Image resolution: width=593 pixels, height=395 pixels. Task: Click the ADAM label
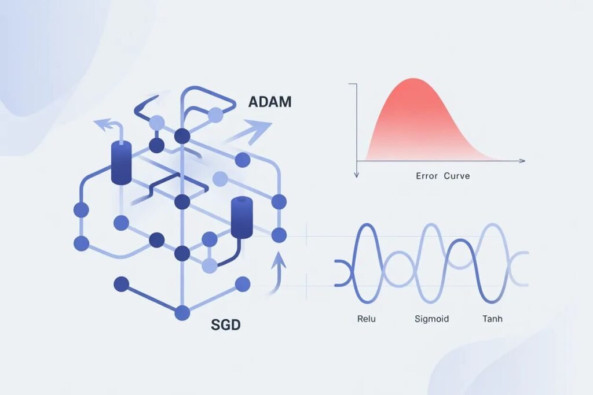[269, 103]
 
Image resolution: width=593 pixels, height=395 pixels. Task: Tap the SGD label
[225, 325]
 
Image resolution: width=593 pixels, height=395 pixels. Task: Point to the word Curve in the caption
[457, 175]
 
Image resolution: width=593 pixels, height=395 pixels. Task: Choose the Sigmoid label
[431, 319]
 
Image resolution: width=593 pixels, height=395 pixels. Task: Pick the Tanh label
[492, 319]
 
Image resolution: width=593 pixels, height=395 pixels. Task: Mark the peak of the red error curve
[412, 79]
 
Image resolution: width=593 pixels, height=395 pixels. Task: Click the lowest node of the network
[182, 313]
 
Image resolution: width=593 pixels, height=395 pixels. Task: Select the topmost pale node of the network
[215, 114]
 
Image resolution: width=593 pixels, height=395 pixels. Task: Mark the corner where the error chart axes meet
[357, 160]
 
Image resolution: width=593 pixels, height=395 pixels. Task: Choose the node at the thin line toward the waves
[279, 235]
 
